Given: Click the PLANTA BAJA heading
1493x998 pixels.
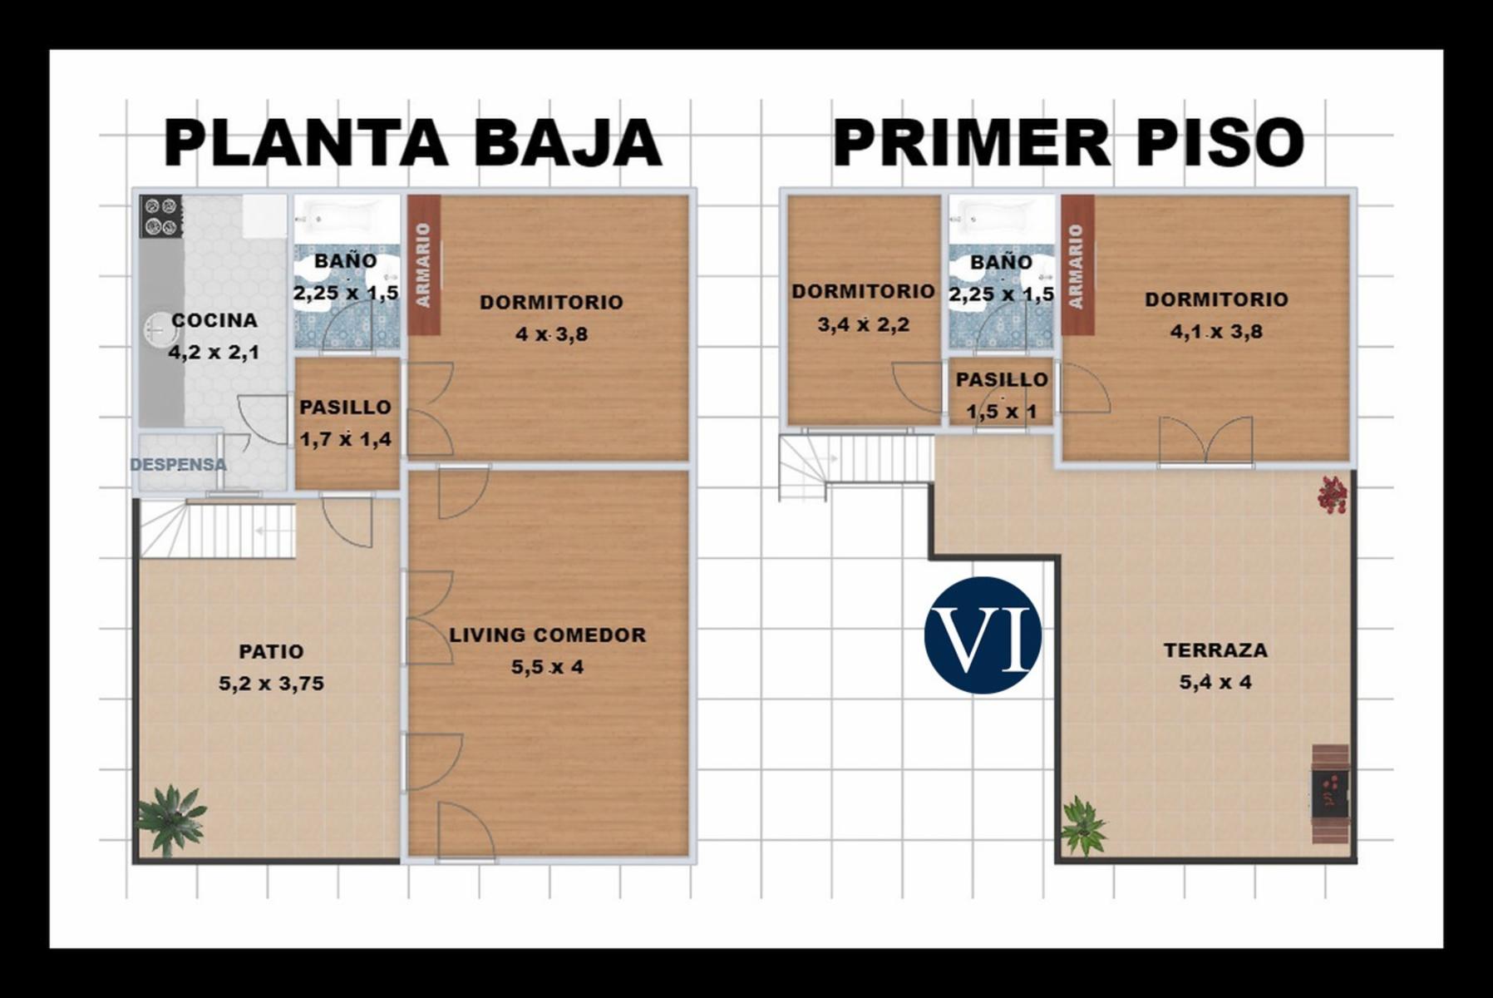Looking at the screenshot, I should (x=412, y=143).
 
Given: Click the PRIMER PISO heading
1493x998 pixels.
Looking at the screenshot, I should (x=1068, y=143).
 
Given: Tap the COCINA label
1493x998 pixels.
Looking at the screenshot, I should (x=214, y=320).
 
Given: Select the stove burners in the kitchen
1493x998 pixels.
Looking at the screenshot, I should (x=160, y=216).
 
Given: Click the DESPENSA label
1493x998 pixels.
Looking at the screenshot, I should (x=178, y=464).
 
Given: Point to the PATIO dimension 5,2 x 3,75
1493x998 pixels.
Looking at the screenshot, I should (x=271, y=684).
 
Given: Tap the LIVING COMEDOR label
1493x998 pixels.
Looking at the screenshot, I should (x=547, y=635).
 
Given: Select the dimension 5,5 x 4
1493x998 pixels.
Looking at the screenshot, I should (x=547, y=667).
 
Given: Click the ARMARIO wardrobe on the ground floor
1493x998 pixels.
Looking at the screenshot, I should (x=424, y=264).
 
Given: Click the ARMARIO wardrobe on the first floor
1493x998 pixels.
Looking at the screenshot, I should (x=1077, y=264).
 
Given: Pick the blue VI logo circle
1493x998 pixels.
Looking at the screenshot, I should (x=983, y=635).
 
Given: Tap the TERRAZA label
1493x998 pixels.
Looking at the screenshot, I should (x=1215, y=650).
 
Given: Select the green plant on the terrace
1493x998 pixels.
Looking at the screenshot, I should (x=1082, y=825).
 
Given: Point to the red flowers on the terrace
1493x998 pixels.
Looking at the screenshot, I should (x=1332, y=494).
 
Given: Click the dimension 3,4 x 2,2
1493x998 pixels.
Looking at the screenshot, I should (x=863, y=324).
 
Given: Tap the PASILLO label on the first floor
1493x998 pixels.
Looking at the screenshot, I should (x=1002, y=379).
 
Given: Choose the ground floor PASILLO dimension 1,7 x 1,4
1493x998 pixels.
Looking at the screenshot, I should (x=346, y=439).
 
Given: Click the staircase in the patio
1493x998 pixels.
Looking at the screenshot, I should (x=218, y=529).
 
